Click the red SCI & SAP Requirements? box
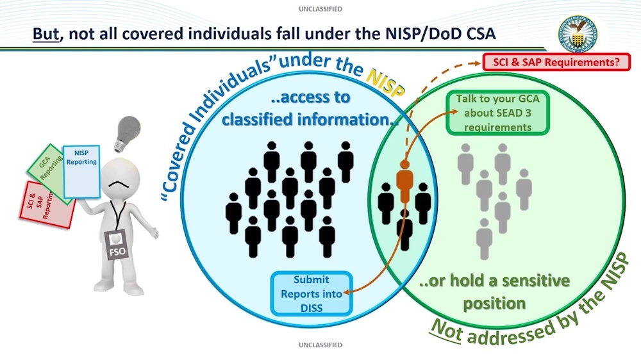tap(556, 63)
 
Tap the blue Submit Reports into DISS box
tap(311, 294)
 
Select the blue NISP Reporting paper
tap(81, 172)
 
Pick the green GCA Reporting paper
tap(50, 176)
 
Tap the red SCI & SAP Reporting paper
tap(42, 206)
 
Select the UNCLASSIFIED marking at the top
tap(320, 9)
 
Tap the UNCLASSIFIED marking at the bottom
tap(320, 345)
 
